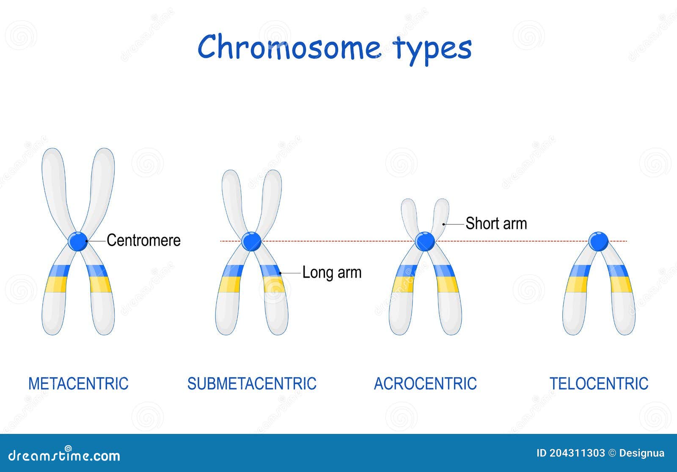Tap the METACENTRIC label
(78, 384)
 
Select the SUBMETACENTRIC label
(252, 384)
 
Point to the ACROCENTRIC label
(425, 384)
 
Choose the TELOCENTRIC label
(599, 384)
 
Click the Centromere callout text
(143, 240)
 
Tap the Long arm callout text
(332, 272)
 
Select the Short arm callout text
(496, 223)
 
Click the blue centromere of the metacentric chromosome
(78, 241)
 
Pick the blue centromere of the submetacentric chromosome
(252, 241)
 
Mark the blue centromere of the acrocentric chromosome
(425, 241)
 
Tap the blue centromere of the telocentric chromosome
(599, 241)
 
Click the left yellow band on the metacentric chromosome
(56, 284)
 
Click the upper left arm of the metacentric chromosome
(54, 182)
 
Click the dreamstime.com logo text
(64, 455)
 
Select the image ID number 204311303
(577, 453)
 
